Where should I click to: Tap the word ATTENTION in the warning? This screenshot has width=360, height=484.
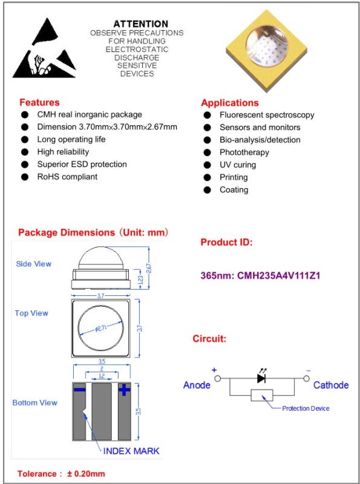click(x=141, y=24)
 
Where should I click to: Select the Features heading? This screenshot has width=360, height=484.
click(x=39, y=102)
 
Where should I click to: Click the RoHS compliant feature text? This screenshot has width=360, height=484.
click(x=67, y=177)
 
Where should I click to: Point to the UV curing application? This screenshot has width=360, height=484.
click(x=238, y=165)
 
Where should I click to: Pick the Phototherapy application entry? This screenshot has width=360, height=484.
click(x=244, y=152)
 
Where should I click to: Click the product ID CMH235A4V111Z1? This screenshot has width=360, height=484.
click(x=278, y=275)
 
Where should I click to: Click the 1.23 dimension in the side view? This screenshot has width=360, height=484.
click(x=141, y=279)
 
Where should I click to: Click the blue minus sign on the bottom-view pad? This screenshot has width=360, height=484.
click(x=80, y=390)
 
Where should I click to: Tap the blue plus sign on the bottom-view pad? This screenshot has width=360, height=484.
click(x=125, y=390)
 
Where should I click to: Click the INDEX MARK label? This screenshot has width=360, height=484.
click(x=131, y=451)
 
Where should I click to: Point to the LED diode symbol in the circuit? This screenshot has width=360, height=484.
click(x=261, y=378)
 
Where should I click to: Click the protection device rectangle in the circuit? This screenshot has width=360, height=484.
click(x=262, y=395)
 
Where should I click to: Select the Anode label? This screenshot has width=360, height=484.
click(x=197, y=385)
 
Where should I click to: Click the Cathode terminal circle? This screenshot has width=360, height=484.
click(x=306, y=379)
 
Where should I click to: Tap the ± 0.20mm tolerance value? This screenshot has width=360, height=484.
click(x=86, y=474)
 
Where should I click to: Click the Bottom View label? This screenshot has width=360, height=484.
click(x=35, y=402)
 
